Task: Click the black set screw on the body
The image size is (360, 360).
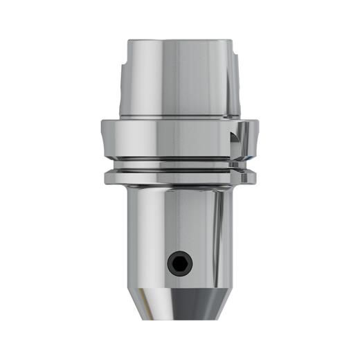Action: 179,262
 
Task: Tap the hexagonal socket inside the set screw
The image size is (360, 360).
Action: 179,262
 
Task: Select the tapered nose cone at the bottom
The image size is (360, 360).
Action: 179,303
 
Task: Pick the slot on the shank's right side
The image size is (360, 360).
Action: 235,73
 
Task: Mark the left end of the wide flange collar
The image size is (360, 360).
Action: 104,138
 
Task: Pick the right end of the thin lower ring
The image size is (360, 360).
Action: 253,178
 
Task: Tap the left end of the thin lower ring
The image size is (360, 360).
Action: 107,178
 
